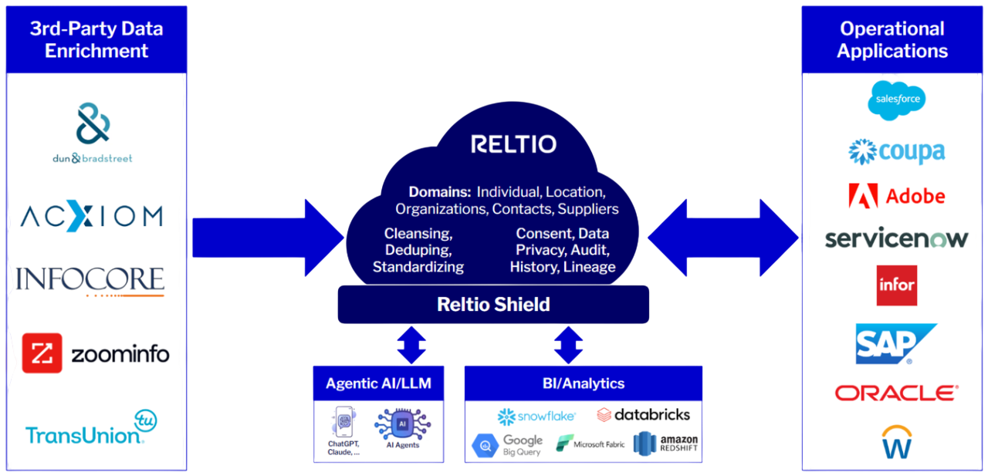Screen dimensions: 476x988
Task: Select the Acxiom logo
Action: (92, 216)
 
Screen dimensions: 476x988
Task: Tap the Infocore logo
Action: (91, 281)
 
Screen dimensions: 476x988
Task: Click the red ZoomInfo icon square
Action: (42, 353)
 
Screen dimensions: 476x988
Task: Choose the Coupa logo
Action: (896, 151)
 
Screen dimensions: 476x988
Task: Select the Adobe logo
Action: (896, 196)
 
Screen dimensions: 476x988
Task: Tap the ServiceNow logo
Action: (896, 238)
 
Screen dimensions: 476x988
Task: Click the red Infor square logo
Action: (897, 285)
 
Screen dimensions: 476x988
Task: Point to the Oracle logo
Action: (896, 393)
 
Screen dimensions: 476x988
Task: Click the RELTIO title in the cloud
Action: (514, 144)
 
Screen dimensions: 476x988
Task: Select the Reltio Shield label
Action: (493, 304)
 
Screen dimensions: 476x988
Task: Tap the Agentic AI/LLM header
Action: (378, 383)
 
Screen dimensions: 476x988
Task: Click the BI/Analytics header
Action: (584, 383)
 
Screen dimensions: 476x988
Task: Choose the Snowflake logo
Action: (536, 417)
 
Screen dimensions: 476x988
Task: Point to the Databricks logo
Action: (644, 415)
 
